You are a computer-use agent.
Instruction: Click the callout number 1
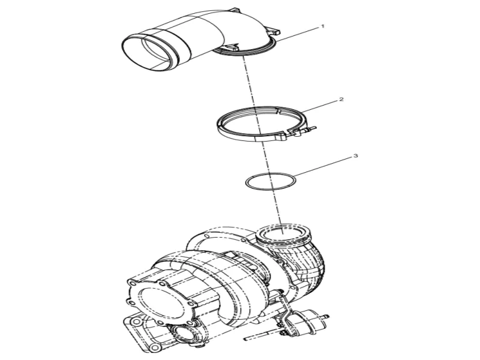(322, 26)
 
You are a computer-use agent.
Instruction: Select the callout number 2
(341, 100)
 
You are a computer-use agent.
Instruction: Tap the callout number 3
(355, 156)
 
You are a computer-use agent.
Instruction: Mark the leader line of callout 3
(323, 167)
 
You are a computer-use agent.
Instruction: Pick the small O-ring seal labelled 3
(271, 182)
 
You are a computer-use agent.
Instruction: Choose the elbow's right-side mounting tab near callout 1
(274, 31)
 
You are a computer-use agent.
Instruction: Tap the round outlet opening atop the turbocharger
(283, 234)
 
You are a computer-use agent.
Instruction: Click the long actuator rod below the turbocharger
(263, 335)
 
